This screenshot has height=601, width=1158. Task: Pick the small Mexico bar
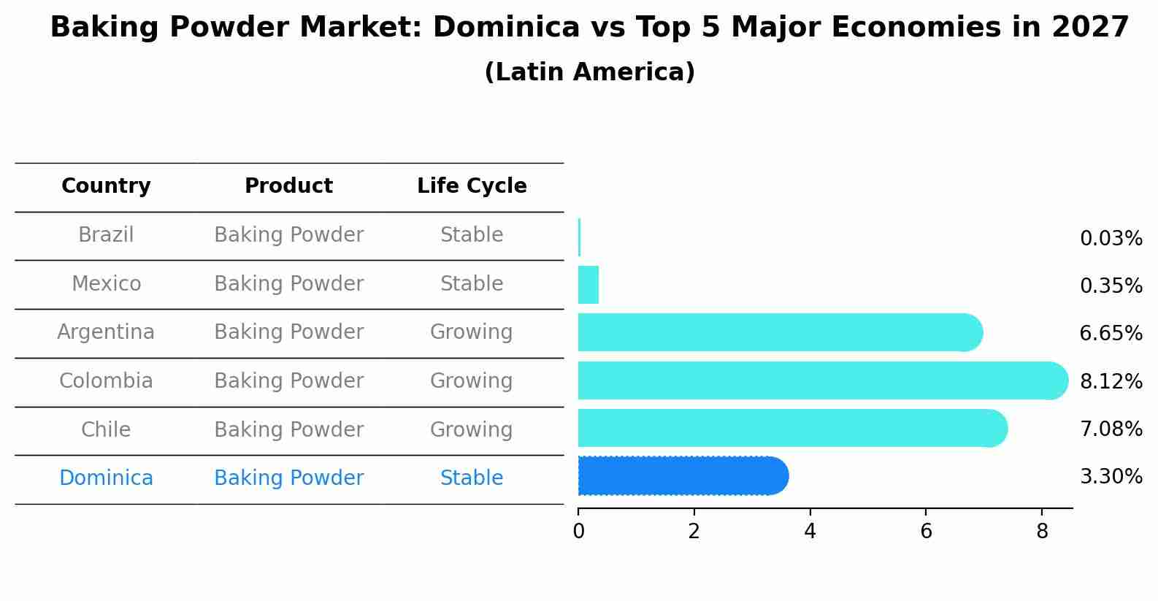pos(588,285)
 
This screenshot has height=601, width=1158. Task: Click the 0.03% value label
pos(1111,239)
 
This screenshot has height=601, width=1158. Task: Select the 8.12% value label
pos(1111,381)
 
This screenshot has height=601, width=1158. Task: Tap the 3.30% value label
pos(1111,477)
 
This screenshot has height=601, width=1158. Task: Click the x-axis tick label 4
pos(810,532)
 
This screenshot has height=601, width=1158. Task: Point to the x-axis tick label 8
pos(1042,532)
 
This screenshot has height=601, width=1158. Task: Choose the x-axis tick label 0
pos(578,532)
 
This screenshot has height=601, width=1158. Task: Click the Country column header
pos(106,186)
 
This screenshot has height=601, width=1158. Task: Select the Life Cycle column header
pos(472,186)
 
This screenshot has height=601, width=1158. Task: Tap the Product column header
pos(288,186)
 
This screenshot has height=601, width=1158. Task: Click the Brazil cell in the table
pos(106,235)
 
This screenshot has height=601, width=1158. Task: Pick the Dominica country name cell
pos(106,478)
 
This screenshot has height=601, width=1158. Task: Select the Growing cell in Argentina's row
pos(471,332)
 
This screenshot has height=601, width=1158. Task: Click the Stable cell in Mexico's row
pos(472,284)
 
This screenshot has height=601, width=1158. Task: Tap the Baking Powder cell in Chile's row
pos(288,430)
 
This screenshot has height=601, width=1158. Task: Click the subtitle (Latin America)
pos(589,72)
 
